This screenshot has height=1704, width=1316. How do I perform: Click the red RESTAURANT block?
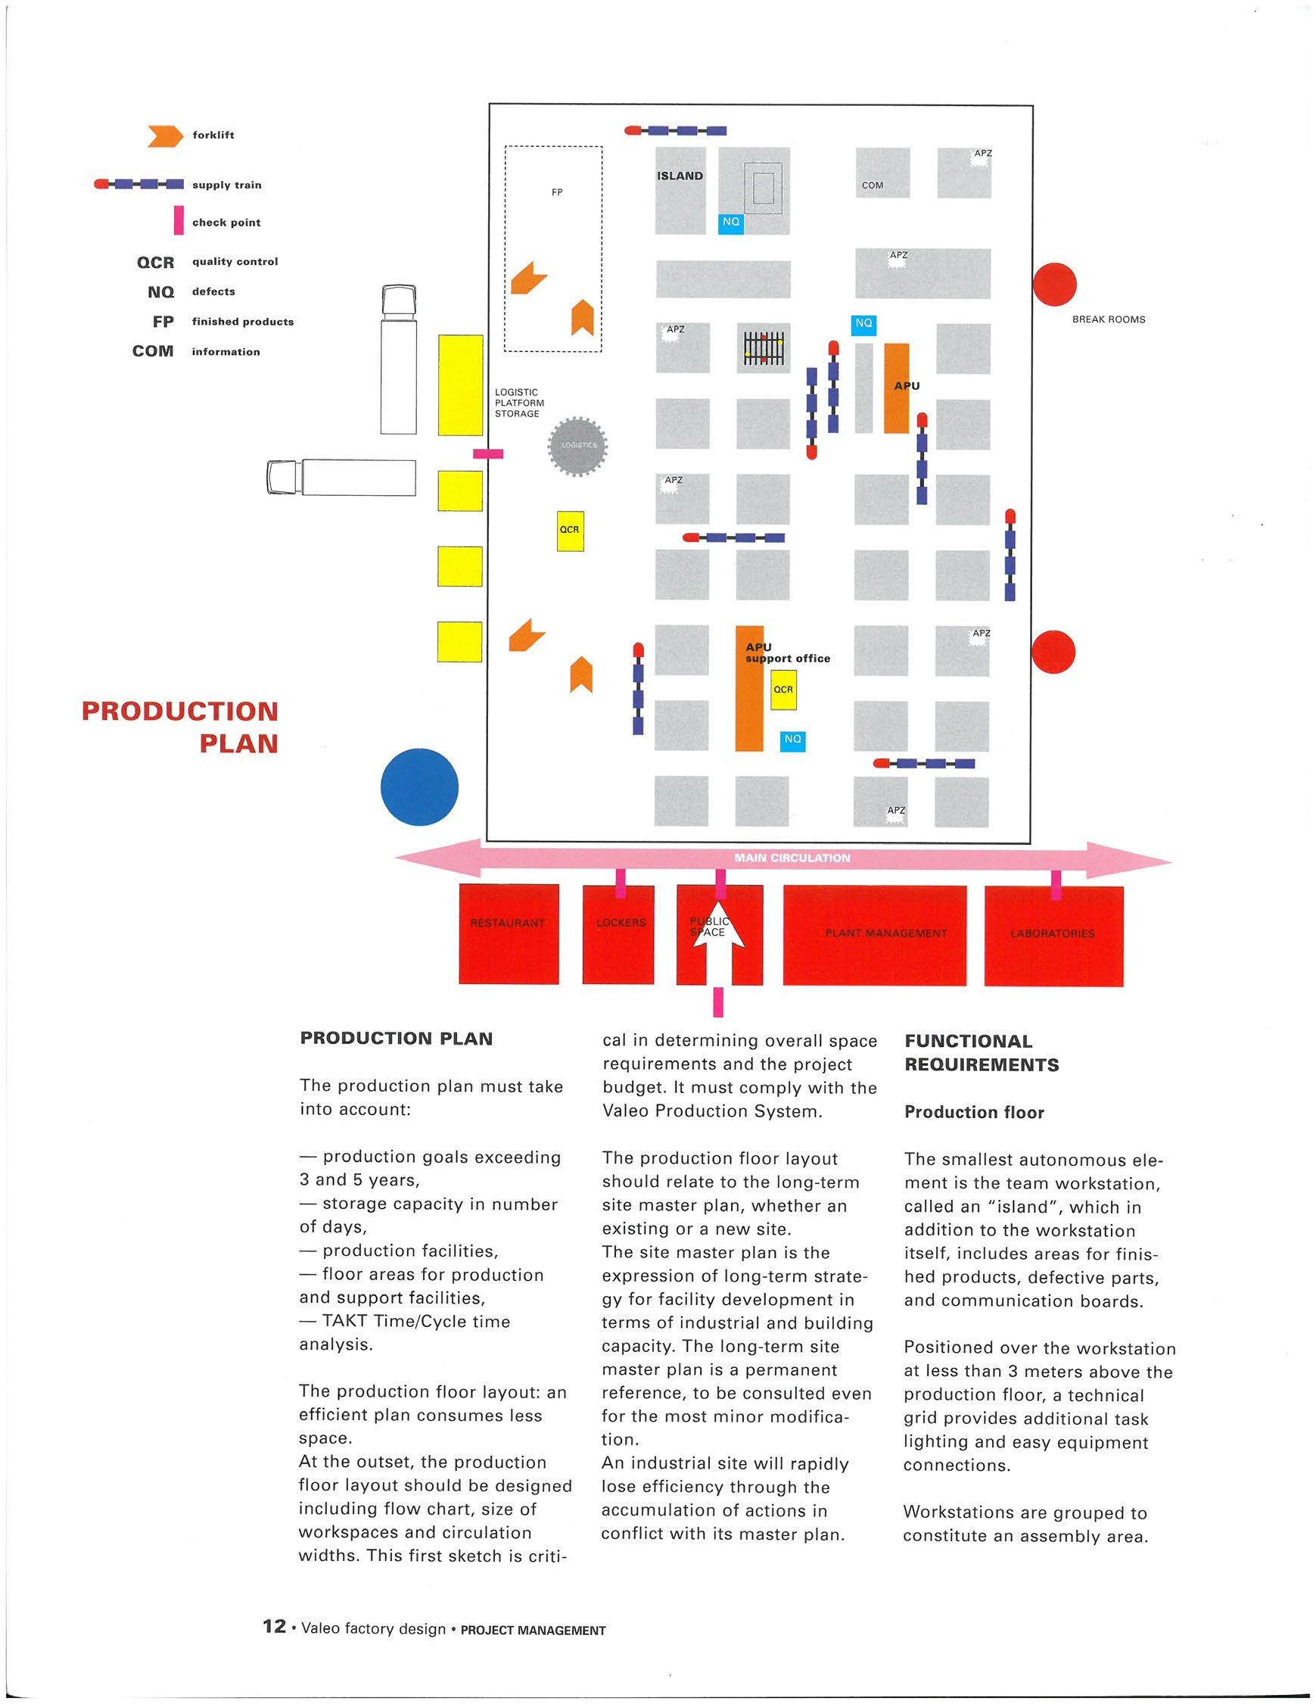pyautogui.click(x=509, y=933)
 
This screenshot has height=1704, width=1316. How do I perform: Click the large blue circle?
pyautogui.click(x=419, y=787)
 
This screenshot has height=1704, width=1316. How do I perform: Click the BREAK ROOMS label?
pyautogui.click(x=1109, y=320)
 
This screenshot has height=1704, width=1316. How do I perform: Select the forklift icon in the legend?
pyautogui.click(x=166, y=136)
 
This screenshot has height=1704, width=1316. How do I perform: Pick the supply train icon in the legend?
pyautogui.click(x=138, y=185)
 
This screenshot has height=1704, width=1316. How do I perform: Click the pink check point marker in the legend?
pyautogui.click(x=179, y=221)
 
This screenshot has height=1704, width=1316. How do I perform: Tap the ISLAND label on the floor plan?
pyautogui.click(x=680, y=176)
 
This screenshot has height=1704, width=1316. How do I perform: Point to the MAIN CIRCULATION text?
pyautogui.click(x=792, y=858)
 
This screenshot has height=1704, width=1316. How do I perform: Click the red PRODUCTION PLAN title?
pyautogui.click(x=181, y=727)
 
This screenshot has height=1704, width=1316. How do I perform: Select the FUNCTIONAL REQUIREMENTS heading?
pyautogui.click(x=982, y=1052)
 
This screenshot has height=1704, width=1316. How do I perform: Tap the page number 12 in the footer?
pyautogui.click(x=275, y=1626)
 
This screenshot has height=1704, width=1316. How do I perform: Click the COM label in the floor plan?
pyautogui.click(x=872, y=185)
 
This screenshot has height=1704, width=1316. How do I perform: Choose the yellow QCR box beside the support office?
pyautogui.click(x=783, y=690)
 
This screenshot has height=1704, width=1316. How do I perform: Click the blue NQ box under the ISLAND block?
pyautogui.click(x=730, y=223)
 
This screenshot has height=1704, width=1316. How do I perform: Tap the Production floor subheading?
pyautogui.click(x=973, y=1113)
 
